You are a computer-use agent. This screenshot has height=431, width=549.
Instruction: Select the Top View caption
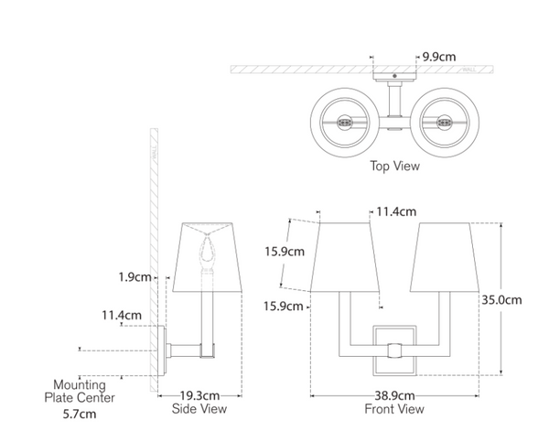pos(394,167)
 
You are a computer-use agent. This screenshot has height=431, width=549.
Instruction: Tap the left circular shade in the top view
pos(347,122)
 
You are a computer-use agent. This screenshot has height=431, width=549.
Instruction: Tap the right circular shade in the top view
pos(446,122)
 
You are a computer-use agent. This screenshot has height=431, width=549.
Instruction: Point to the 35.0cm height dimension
pos(501,299)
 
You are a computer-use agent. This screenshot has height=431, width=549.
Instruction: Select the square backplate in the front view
pos(394,349)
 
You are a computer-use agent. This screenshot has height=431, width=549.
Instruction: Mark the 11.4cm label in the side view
pos(121,315)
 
